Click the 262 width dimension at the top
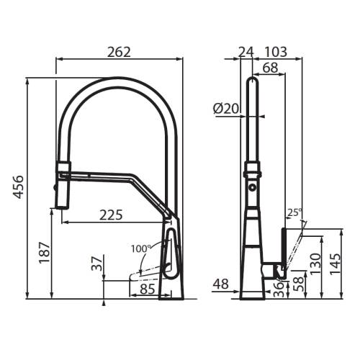point(119,52)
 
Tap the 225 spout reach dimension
point(111,215)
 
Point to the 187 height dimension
point(42,254)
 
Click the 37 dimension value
point(95,264)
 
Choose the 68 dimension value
point(270,68)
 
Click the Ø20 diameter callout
point(226,109)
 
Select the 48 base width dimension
point(221,284)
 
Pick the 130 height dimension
point(315,263)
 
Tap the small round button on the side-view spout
point(252,187)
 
